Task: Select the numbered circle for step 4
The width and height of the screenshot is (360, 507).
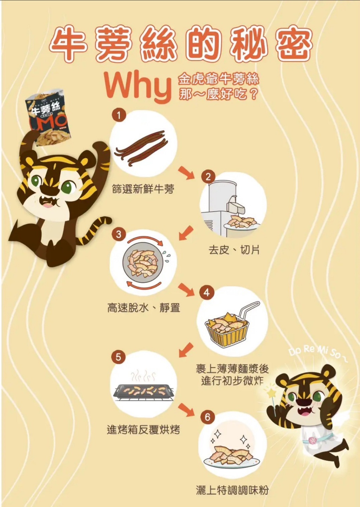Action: tap(207, 293)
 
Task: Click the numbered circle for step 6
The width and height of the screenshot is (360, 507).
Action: tap(207, 417)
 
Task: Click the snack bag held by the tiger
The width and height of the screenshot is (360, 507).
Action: tap(48, 118)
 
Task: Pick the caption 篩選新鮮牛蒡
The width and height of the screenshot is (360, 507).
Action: tap(143, 189)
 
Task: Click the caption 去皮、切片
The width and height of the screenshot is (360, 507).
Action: tap(234, 250)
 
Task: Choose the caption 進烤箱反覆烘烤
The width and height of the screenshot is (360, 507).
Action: tap(143, 429)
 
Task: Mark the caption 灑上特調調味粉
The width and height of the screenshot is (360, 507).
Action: tap(232, 490)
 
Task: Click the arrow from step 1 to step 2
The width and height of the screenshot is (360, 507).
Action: tap(186, 173)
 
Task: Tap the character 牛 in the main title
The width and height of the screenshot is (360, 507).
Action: tap(69, 44)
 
